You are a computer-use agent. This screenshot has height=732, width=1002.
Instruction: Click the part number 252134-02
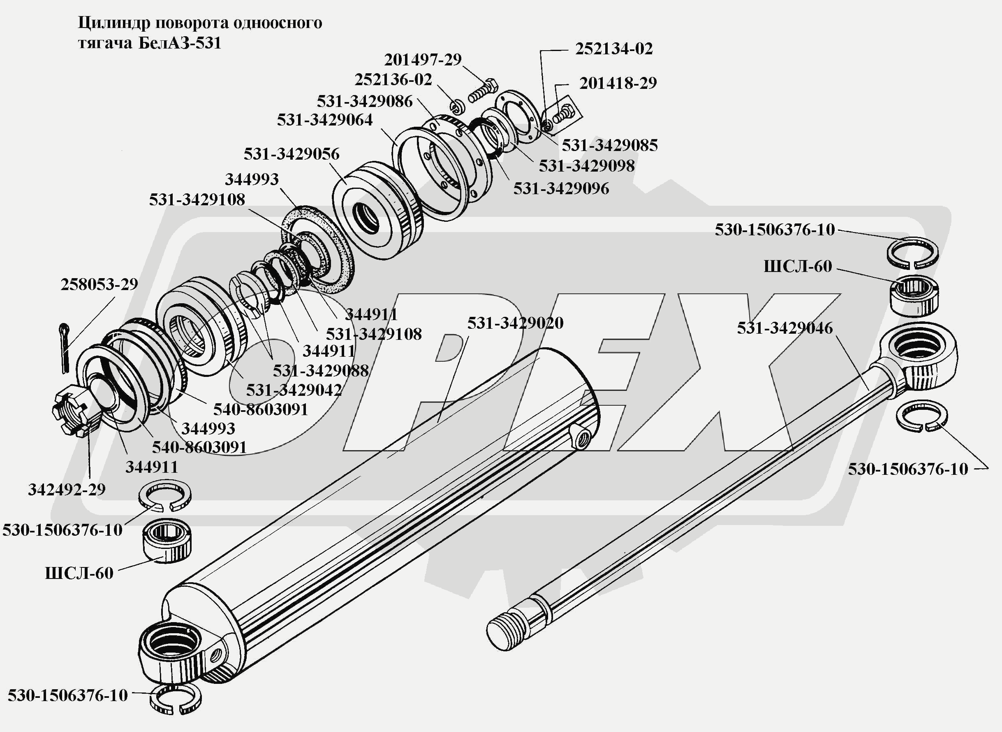tap(614, 49)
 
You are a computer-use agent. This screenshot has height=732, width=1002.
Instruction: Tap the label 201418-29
tap(618, 83)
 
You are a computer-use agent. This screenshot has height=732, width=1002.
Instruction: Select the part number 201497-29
tap(422, 60)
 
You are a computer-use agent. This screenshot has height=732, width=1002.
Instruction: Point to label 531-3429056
tap(292, 154)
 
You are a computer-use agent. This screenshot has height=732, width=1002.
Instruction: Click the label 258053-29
tap(99, 284)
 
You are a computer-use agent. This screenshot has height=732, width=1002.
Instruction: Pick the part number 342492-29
tap(67, 490)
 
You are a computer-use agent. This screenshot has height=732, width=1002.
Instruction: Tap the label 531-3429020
tap(515, 323)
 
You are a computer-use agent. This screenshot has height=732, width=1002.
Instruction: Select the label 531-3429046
tap(784, 328)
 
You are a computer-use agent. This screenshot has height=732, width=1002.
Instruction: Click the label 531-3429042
tap(294, 390)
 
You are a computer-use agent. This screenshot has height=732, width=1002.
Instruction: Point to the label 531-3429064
tap(324, 120)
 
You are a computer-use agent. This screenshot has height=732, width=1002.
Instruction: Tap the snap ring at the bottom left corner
tap(175, 698)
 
